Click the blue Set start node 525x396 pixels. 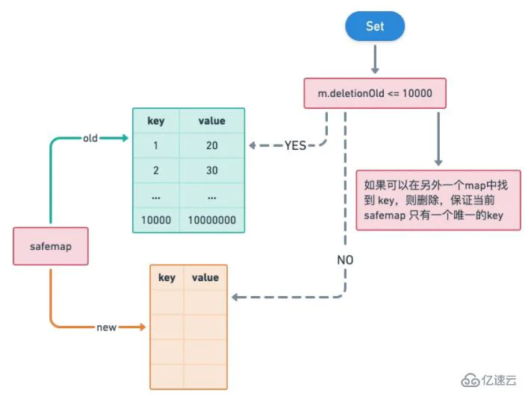374,26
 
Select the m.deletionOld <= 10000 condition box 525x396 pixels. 374,94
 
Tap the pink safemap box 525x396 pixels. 51,246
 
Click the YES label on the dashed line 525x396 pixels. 295,146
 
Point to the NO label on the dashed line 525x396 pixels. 344,260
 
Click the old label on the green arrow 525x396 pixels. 90,138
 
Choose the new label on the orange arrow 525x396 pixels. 106,327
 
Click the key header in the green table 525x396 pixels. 155,121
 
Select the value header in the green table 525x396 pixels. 211,121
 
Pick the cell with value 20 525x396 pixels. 211,145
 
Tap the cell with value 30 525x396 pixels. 211,171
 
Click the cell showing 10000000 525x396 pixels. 211,220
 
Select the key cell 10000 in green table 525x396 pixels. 155,220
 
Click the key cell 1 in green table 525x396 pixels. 155,145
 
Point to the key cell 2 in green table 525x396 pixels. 155,171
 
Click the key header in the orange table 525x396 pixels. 167,277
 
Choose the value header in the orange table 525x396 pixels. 205,277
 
